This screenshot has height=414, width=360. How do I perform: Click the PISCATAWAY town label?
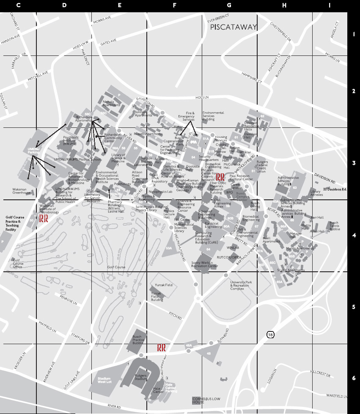[234, 27]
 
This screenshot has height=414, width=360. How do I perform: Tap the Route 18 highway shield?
[270, 335]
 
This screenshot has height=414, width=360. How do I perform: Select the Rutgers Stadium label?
[141, 377]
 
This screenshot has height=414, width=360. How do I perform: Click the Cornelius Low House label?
[201, 400]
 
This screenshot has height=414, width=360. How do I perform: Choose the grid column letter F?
[174, 5]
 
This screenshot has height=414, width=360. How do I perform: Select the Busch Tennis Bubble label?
[334, 227]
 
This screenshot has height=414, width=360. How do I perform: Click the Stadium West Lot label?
[104, 380]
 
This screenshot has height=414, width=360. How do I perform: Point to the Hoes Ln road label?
[202, 97]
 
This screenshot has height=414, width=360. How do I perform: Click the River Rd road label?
[114, 406]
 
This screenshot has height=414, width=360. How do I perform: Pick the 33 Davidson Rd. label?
[334, 189]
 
